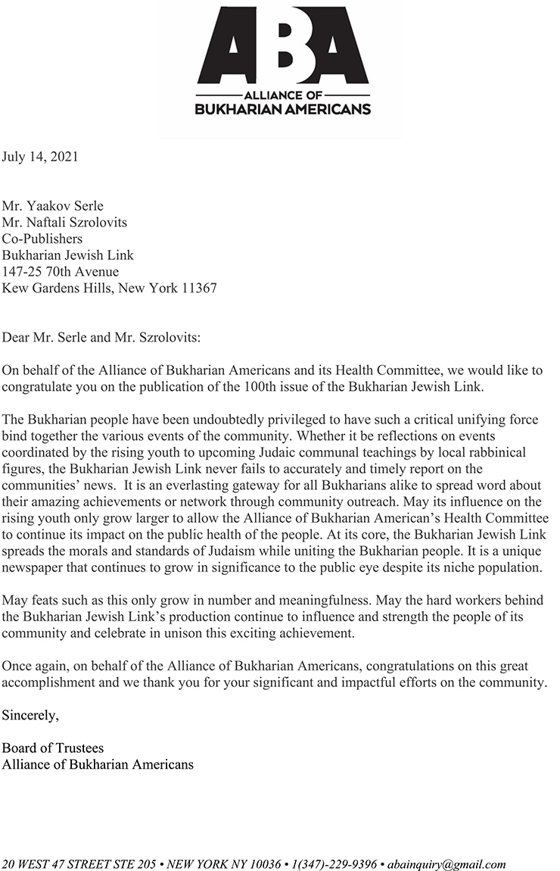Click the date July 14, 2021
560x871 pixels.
click(x=39, y=158)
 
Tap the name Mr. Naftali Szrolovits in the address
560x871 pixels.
click(x=64, y=222)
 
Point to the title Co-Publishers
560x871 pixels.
click(x=42, y=239)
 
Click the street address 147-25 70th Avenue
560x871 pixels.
click(x=61, y=272)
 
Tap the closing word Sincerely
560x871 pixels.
click(x=30, y=714)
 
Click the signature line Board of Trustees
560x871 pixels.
click(x=53, y=748)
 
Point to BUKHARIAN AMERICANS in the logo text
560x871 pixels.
click(x=283, y=109)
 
